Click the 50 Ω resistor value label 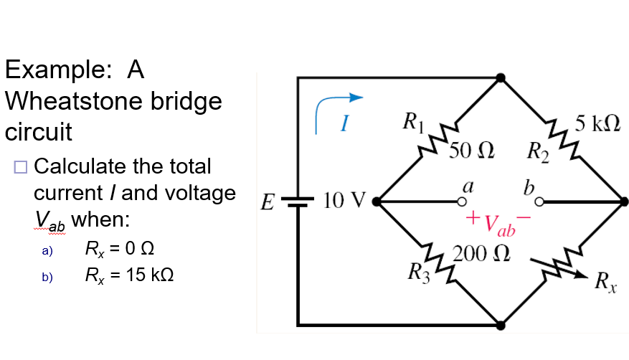tap(472, 151)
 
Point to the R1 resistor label tap(414, 120)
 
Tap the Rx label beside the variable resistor tap(604, 281)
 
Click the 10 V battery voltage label tap(345, 200)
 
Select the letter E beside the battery tap(267, 202)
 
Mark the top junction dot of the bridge tap(501, 77)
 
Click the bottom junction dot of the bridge tap(501, 326)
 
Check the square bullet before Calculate tap(19, 167)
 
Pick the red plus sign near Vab tap(473, 216)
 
